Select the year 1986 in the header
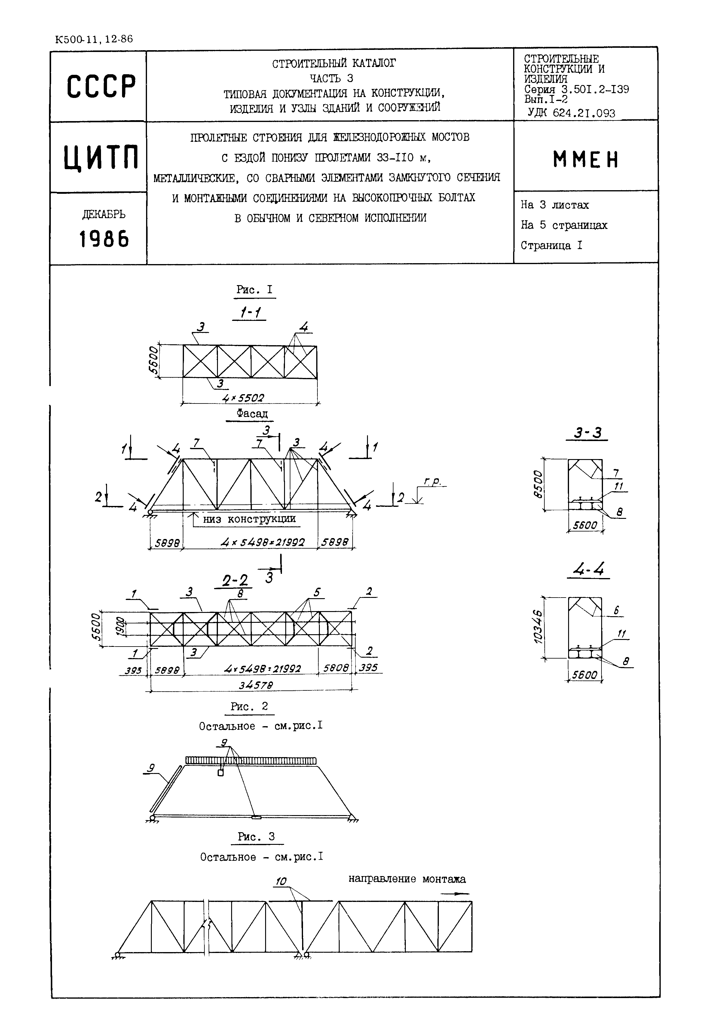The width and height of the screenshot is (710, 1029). point(104,239)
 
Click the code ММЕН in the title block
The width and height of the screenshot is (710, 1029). point(586,159)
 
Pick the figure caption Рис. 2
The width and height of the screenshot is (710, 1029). point(249,706)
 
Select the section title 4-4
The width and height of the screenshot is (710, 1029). point(588,570)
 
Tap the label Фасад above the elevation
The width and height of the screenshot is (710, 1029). point(252,414)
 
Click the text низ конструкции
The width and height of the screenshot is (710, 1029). point(249,519)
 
